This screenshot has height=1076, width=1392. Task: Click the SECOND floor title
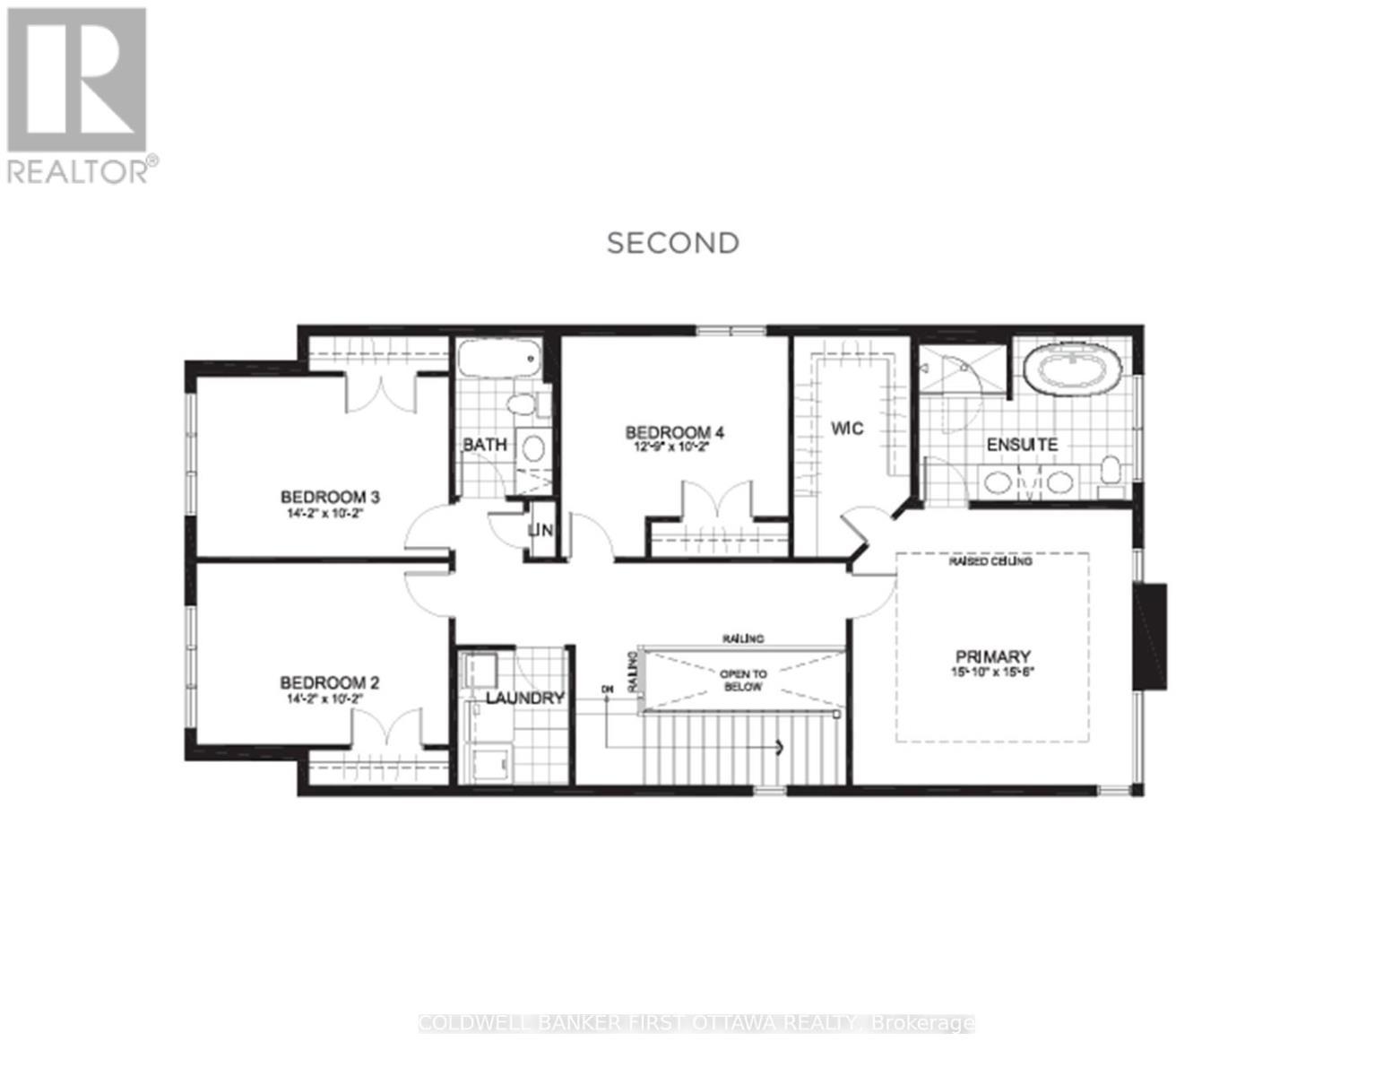point(673,243)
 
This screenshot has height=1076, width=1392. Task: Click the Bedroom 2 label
point(329,683)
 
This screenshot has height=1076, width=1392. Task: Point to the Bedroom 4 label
point(674,433)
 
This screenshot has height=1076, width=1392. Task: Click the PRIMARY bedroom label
point(992,656)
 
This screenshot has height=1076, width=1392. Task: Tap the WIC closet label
point(846,429)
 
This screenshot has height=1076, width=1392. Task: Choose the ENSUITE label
point(1022,445)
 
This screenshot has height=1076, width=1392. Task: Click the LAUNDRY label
point(525,699)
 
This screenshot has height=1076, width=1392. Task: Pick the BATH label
point(485,445)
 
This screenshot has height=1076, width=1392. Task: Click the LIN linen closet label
point(541,531)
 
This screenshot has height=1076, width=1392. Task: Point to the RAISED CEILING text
point(990,561)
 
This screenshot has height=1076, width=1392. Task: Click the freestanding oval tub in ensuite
point(1073,369)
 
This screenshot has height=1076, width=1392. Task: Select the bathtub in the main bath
point(498,361)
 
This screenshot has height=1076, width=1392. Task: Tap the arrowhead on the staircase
point(780,747)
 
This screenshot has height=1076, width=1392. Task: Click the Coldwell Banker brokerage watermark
point(696,1023)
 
